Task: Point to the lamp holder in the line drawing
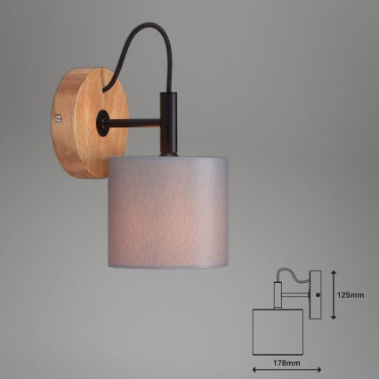tap(277, 294)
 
